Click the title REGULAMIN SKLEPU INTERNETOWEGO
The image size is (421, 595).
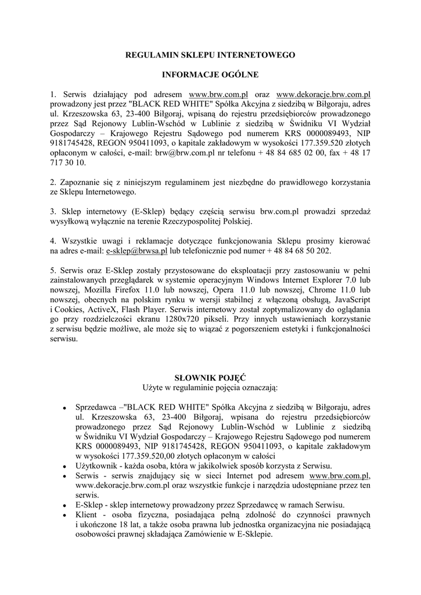point(211,55)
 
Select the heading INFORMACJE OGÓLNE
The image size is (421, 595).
point(211,74)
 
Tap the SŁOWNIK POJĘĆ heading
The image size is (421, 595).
point(210,377)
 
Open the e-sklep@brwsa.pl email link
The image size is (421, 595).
point(137,251)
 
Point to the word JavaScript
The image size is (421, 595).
point(352,299)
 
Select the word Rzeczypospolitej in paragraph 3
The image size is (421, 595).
point(189,222)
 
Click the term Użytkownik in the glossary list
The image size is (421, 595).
point(96,467)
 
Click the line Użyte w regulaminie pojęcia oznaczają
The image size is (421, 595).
point(210,387)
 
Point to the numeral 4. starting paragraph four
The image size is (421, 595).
point(54,241)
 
